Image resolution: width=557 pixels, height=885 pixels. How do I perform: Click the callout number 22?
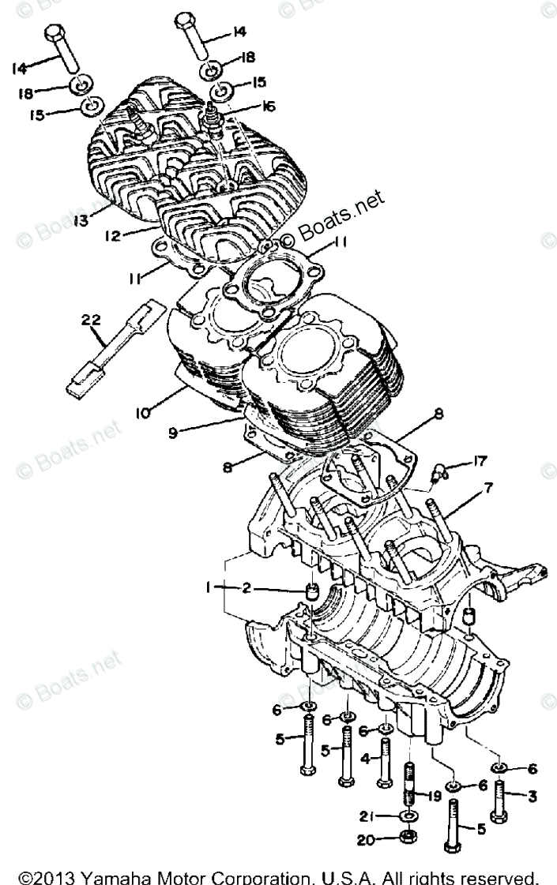tap(92, 320)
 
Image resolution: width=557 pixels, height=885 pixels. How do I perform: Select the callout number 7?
tap(489, 489)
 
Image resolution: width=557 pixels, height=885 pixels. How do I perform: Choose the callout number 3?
tap(532, 797)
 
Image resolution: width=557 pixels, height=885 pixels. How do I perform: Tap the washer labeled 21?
tap(408, 816)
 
